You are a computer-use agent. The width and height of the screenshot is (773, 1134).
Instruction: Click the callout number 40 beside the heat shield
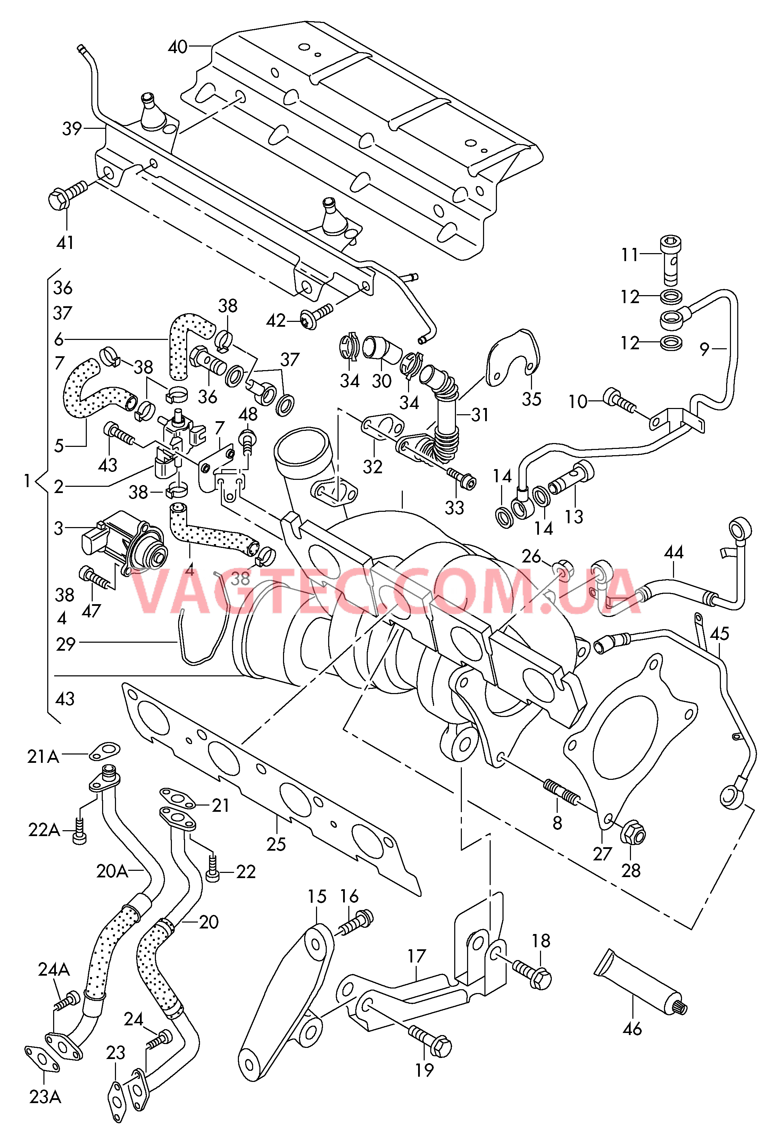[x=178, y=47]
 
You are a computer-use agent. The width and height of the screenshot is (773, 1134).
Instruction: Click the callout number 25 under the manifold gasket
[x=276, y=844]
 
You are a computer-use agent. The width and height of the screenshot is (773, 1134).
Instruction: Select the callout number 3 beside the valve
[x=59, y=528]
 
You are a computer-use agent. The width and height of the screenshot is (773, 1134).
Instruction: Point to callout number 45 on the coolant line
[x=719, y=634]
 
